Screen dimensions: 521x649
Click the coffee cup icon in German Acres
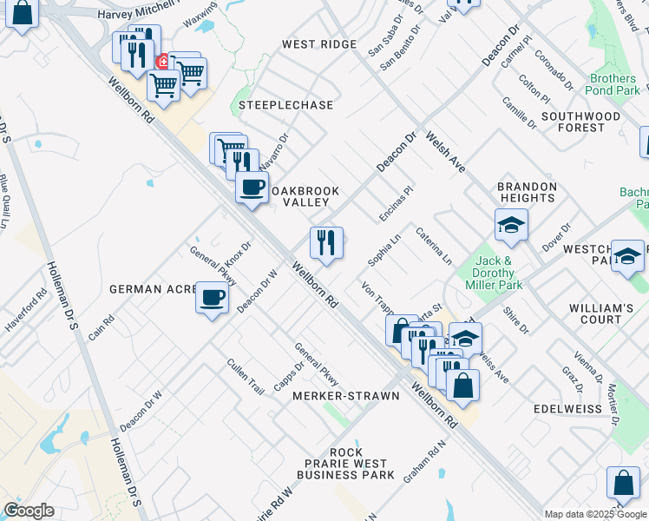tap(213, 299)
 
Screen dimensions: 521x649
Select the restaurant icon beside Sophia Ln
tap(326, 244)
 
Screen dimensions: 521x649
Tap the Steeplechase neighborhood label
tap(286, 105)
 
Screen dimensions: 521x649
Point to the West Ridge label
tap(319, 44)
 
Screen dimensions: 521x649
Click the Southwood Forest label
tap(581, 122)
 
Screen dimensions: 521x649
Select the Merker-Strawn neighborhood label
tap(346, 396)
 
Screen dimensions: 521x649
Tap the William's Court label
tap(601, 314)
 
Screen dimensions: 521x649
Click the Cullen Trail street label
tap(245, 377)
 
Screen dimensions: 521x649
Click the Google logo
tap(29, 511)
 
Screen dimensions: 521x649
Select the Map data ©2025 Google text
tap(594, 514)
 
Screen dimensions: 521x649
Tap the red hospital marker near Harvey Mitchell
tap(162, 62)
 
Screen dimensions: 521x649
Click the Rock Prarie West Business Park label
tap(345, 464)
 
